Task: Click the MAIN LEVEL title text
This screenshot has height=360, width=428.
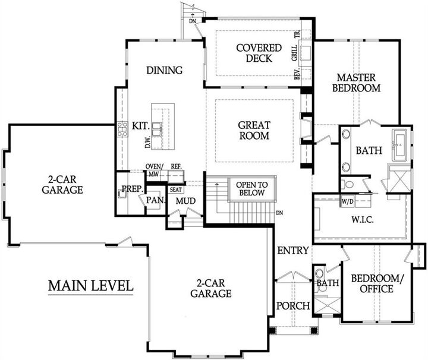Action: [x=90, y=286]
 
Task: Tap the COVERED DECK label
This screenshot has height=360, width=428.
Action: [x=254, y=53]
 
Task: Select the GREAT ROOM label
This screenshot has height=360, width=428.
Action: [x=254, y=130]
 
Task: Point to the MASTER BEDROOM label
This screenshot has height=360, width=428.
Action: [x=358, y=83]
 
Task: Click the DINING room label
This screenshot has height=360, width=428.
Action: [x=164, y=71]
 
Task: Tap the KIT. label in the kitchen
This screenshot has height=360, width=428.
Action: [x=140, y=126]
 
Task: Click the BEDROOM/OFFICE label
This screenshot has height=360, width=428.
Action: [x=372, y=283]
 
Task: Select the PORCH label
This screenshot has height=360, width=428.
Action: [x=293, y=306]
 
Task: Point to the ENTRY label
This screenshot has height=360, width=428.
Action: [x=292, y=251]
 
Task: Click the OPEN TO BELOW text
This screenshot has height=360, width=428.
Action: [x=252, y=188]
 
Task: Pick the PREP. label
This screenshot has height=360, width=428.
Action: [x=131, y=189]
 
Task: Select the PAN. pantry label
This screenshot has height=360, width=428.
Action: [x=156, y=200]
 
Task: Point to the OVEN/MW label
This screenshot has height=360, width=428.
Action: [x=155, y=170]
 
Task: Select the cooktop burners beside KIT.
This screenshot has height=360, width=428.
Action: [x=123, y=130]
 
